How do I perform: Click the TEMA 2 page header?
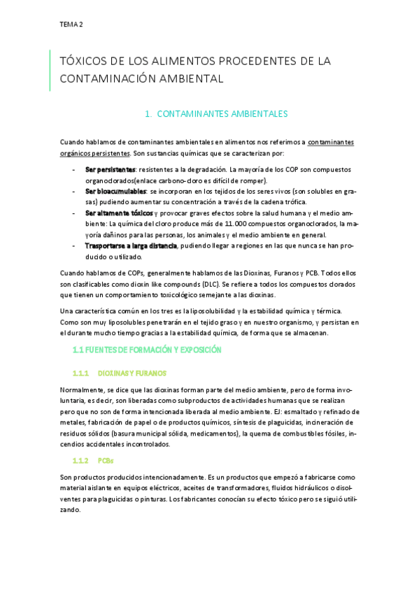coord(71,24)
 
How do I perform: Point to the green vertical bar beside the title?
coord(50,70)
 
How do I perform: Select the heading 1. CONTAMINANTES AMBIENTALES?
coord(215,113)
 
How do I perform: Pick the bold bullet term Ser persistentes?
coord(110,170)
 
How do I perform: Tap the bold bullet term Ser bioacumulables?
coord(115,191)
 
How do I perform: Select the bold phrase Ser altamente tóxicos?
coord(119,213)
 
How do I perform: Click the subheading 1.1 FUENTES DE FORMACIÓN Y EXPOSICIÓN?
coord(147,349)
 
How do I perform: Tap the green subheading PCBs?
coord(105,462)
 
